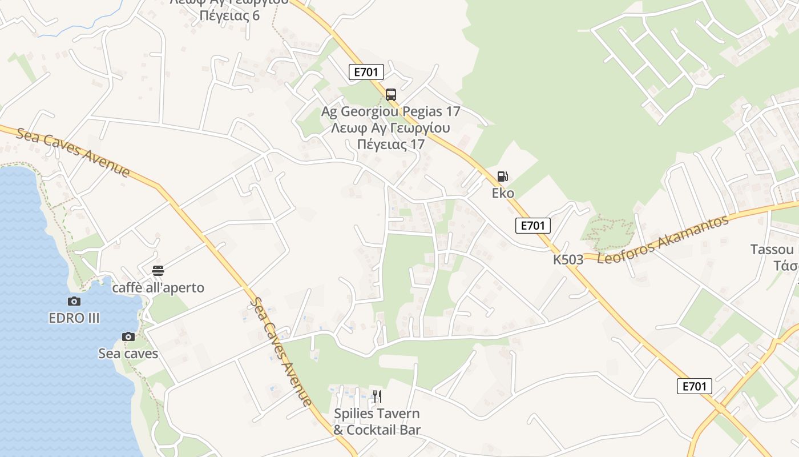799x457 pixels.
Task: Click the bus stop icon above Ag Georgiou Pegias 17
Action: (x=391, y=94)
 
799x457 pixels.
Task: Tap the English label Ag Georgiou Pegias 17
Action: (x=390, y=111)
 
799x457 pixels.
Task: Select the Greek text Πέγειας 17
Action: (x=391, y=144)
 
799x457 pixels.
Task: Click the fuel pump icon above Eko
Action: (x=502, y=177)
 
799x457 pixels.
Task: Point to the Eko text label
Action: (x=503, y=193)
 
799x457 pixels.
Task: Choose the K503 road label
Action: (x=568, y=259)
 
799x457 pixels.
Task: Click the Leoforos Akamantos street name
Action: (x=663, y=240)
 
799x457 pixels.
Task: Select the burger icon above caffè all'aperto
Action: (x=158, y=270)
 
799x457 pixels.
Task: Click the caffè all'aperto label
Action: (x=158, y=287)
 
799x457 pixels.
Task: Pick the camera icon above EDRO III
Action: (x=74, y=301)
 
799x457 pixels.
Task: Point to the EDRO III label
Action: (x=74, y=318)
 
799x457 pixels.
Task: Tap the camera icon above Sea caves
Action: (x=128, y=336)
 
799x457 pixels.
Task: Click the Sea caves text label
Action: (x=128, y=354)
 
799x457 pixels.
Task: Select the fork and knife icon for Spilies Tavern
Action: (x=377, y=396)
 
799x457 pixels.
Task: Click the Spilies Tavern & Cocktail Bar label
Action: (x=377, y=422)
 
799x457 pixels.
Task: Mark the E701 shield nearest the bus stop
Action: (x=366, y=72)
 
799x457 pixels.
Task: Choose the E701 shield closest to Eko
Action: (x=533, y=226)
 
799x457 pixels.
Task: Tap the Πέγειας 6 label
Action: (x=229, y=15)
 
